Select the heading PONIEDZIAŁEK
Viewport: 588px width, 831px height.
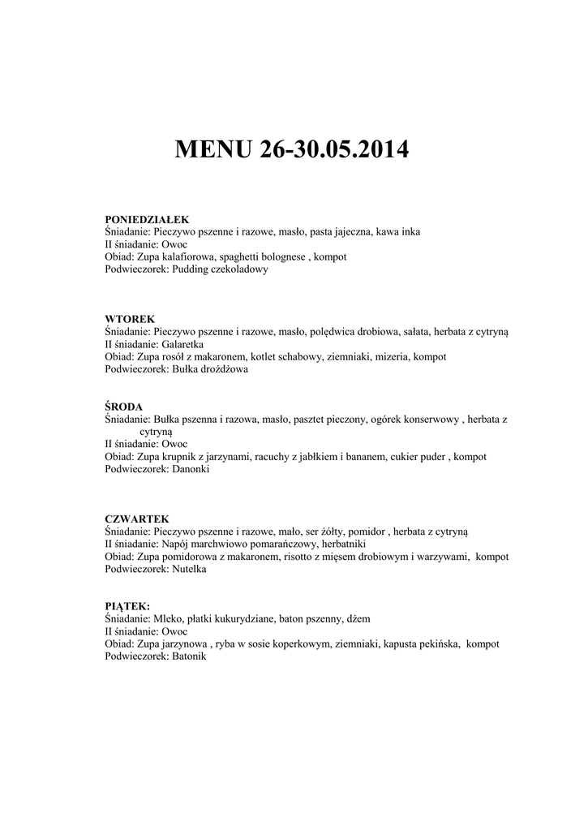[x=147, y=219]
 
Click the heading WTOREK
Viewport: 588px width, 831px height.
[x=130, y=320]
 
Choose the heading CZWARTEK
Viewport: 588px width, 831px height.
[x=137, y=519]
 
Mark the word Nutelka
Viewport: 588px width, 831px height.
[x=189, y=570]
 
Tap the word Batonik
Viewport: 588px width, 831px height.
[x=189, y=657]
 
